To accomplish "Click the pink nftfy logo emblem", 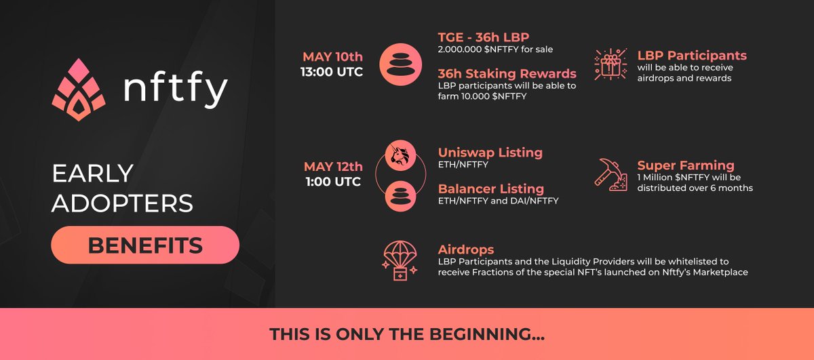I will (x=79, y=90).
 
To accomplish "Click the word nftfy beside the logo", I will (x=175, y=90).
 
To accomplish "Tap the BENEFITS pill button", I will (x=145, y=245).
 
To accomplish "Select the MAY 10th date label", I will (x=332, y=56).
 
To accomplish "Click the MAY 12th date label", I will (x=332, y=166).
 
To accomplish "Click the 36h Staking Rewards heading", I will (x=507, y=73).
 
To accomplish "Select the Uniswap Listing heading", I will (x=490, y=153).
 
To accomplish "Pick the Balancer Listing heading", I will (x=491, y=188).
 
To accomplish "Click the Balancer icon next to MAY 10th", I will (x=400, y=66).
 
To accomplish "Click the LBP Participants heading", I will (x=692, y=56).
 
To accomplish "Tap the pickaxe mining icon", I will (x=609, y=173).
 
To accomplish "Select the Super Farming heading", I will (x=686, y=165).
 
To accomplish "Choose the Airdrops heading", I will (x=466, y=249).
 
